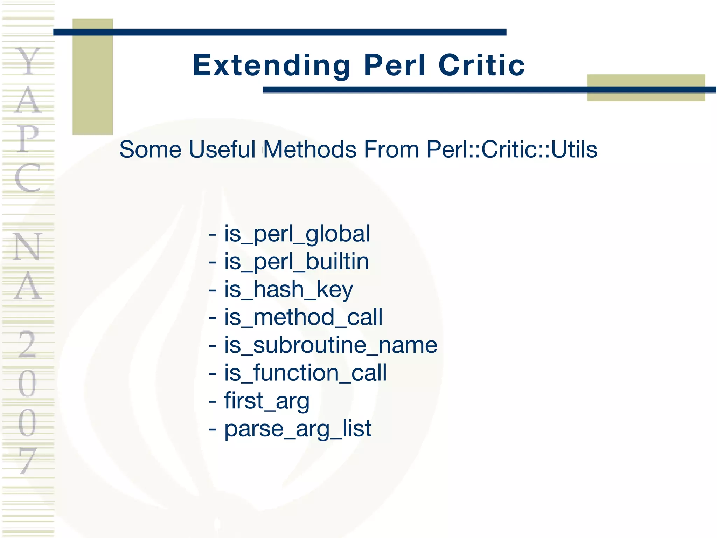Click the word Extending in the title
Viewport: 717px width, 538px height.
pyautogui.click(x=271, y=65)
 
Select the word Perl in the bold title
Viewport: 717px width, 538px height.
pyautogui.click(x=395, y=65)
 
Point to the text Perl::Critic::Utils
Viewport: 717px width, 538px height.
pyautogui.click(x=512, y=150)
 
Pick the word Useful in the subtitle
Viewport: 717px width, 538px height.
pyautogui.click(x=222, y=150)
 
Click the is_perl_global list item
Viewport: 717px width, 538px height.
pyautogui.click(x=297, y=234)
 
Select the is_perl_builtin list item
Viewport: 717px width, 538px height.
pyautogui.click(x=296, y=262)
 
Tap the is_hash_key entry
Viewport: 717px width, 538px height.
pyautogui.click(x=288, y=290)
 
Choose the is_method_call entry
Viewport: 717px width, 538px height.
pyautogui.click(x=303, y=317)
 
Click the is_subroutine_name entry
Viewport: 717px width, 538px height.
pyautogui.click(x=330, y=345)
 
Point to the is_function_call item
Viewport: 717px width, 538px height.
pyautogui.click(x=305, y=373)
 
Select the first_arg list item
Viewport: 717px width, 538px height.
pyautogui.click(x=267, y=401)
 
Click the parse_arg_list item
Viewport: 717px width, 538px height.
pyautogui.click(x=298, y=428)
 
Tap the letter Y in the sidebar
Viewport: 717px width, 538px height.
pyautogui.click(x=28, y=62)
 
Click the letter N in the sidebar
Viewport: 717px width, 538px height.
pyautogui.click(x=28, y=247)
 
